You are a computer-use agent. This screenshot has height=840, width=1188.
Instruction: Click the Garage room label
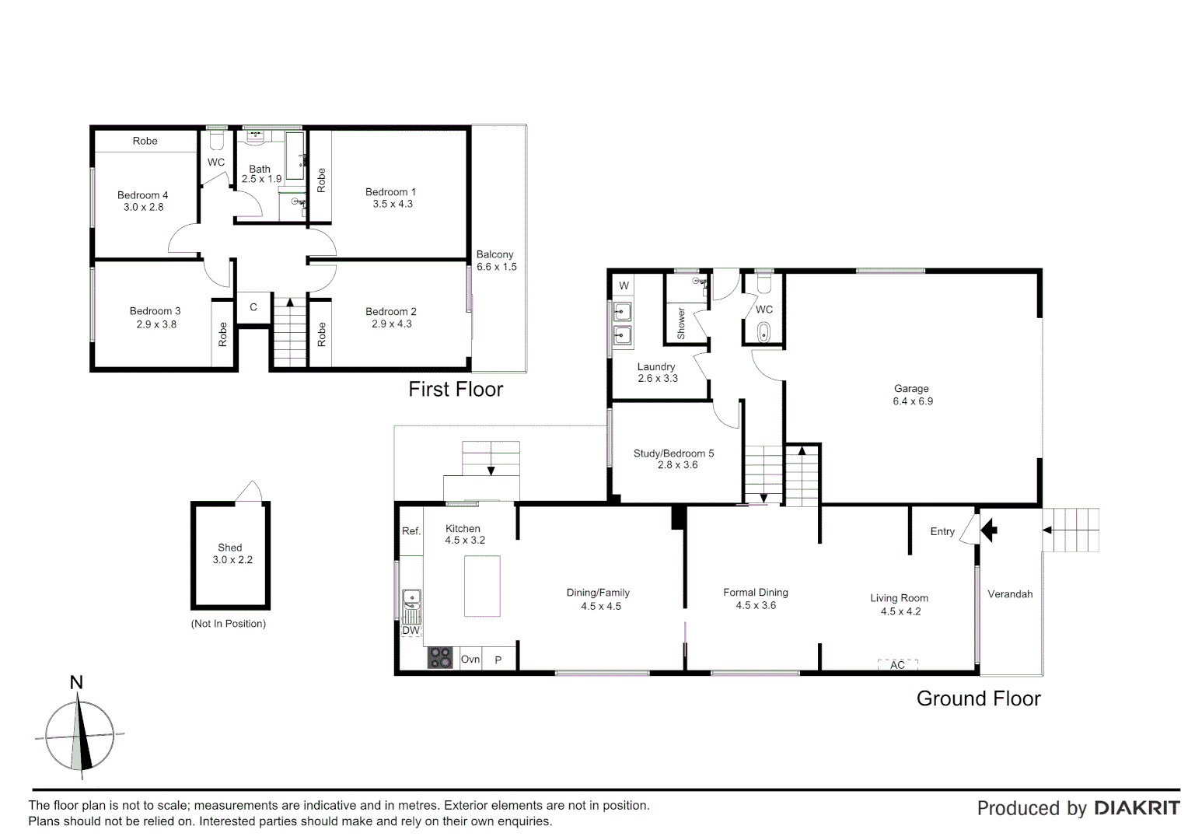911,388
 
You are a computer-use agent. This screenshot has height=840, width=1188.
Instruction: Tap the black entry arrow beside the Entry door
989,531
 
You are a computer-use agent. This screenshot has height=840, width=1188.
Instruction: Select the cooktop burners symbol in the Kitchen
440,658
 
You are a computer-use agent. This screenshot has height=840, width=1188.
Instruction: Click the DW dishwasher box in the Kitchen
411,630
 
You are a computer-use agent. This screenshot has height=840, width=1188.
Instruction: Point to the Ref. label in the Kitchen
411,531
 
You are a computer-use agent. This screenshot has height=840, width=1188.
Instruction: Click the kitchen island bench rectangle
482,586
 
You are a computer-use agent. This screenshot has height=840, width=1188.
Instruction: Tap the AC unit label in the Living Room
897,665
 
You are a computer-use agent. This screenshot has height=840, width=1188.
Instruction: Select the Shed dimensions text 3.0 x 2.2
232,560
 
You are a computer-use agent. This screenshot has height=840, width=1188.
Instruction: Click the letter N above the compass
76,683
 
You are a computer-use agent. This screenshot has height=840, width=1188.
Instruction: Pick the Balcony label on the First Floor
495,254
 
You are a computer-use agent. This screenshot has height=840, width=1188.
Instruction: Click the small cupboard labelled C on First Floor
253,308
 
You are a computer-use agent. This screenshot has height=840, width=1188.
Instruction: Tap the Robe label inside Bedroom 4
145,141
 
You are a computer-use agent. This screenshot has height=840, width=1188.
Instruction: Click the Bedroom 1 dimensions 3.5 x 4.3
393,205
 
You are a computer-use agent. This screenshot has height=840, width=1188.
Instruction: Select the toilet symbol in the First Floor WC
217,141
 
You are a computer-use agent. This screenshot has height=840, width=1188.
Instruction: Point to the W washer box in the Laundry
624,285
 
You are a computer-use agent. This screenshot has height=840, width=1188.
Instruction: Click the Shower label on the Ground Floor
682,323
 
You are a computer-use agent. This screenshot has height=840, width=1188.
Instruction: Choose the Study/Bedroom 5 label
673,453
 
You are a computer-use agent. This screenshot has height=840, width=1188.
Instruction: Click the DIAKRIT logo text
1137,808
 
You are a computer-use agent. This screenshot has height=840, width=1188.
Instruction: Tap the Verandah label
1010,594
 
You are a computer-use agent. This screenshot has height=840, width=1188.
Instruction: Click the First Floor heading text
456,389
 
